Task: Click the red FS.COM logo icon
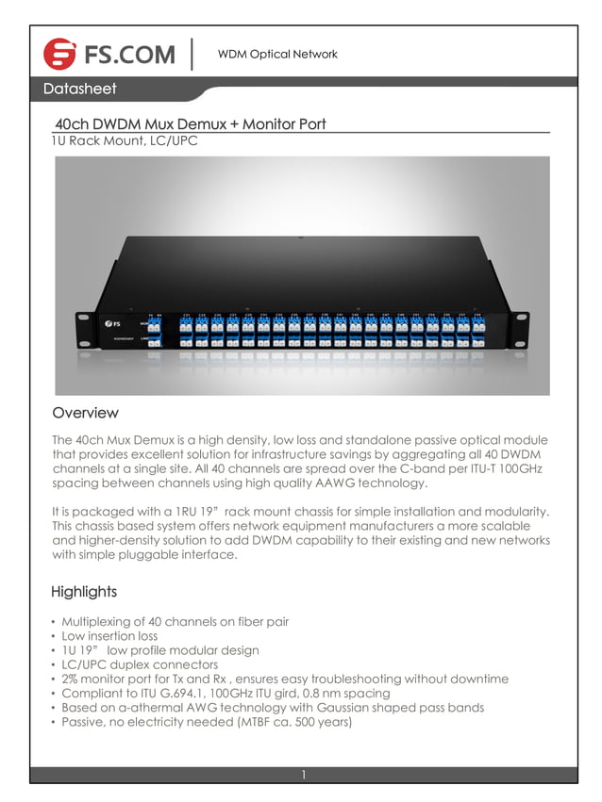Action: tap(60, 55)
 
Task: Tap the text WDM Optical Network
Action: tap(277, 54)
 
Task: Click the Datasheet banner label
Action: tap(79, 90)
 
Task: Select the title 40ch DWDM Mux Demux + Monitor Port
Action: tap(191, 123)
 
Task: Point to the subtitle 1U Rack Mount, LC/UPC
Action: tap(125, 141)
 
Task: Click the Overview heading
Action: tap(85, 413)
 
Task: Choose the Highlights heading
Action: tap(84, 592)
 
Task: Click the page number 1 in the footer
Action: tap(303, 775)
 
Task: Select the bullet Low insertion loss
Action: tap(109, 636)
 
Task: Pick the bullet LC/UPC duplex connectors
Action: tap(140, 664)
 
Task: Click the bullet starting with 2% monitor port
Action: tap(285, 679)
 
